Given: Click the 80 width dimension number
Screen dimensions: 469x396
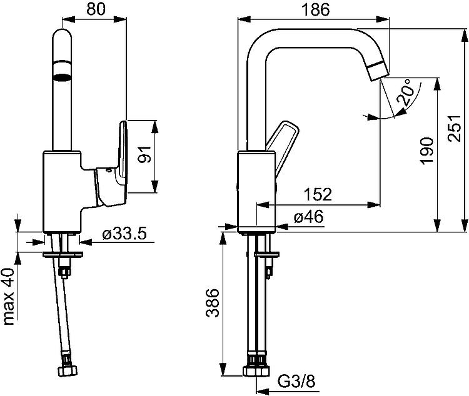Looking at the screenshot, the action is coord(96,9).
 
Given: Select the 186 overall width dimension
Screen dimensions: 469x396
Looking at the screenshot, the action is coord(315,9).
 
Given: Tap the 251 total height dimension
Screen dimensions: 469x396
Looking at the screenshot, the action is coord(455,128).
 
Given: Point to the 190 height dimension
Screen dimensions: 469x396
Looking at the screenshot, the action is coord(426,151).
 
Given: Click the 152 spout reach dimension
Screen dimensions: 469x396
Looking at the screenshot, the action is coord(318,194).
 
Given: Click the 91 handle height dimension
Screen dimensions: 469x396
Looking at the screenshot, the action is coord(146,154).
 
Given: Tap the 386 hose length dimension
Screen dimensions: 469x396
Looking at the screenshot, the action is coord(213,302).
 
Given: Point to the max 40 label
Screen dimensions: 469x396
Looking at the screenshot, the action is coord(8,297).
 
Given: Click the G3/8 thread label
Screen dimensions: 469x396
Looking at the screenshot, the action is coord(296,382).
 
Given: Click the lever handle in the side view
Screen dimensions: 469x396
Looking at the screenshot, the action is coord(283,149).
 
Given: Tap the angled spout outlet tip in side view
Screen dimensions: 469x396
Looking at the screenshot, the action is coord(378,70).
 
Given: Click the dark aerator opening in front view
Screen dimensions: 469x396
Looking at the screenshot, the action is coord(62,77).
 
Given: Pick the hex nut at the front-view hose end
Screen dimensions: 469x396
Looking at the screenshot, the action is coord(67,370).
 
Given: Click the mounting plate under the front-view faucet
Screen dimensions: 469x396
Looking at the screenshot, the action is coord(63,255).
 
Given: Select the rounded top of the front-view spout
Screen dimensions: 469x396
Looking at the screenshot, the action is coord(62,35).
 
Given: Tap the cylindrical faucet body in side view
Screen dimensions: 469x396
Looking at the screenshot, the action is coord(256,192).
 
